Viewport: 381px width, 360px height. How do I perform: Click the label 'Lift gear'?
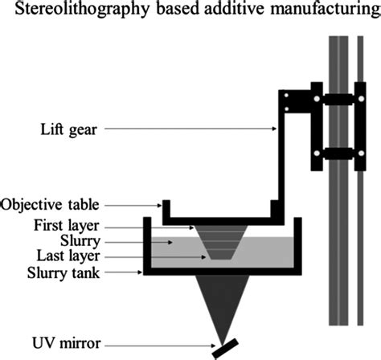coord(63,128)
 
